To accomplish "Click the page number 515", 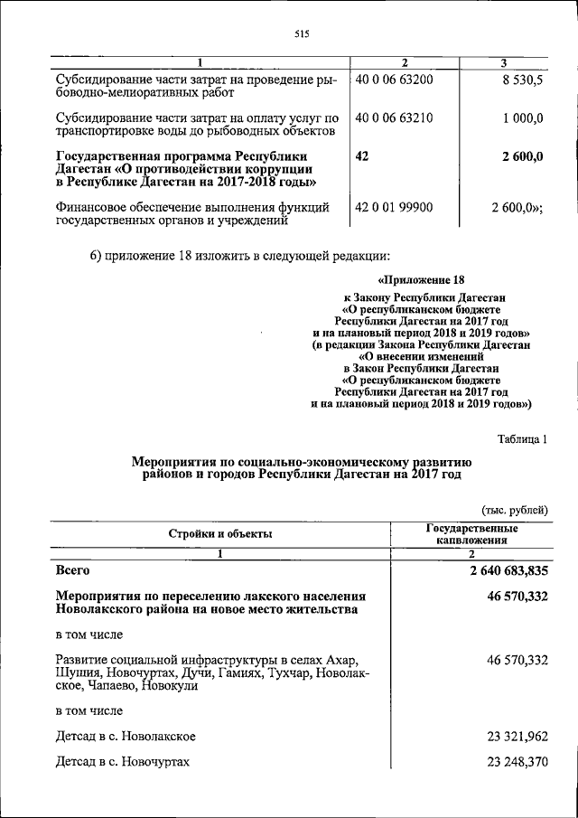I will point(302,34).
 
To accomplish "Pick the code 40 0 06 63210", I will point(395,118).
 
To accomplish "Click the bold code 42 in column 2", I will point(362,155).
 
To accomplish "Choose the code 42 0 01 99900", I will point(395,207).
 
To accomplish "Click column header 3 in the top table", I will point(504,62).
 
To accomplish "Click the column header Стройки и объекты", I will point(220,533).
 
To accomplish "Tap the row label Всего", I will point(72,571).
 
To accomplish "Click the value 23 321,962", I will point(517,737).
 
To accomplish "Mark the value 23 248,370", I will point(517,762).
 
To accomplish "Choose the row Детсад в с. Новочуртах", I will point(123,762).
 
